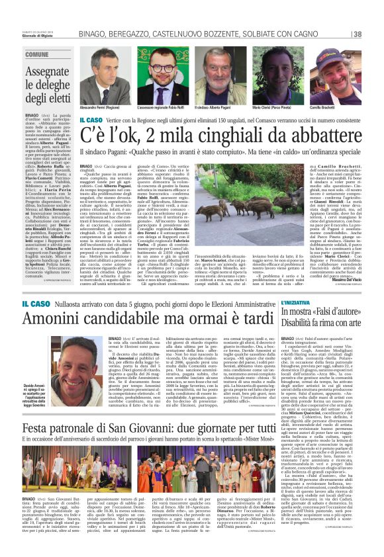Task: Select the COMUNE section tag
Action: (38, 54)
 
